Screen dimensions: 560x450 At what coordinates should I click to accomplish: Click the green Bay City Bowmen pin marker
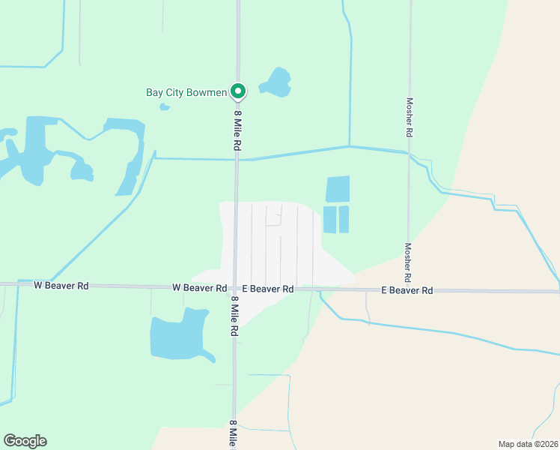click(238, 91)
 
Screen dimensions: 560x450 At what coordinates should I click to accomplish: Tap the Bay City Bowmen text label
click(186, 93)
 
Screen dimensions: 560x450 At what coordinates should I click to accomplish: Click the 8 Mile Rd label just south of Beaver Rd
click(234, 315)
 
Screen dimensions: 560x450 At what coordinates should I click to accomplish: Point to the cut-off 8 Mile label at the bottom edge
click(234, 434)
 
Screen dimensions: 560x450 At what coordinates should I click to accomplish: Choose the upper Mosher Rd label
click(409, 117)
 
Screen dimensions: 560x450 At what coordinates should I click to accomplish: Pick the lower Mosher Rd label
click(409, 262)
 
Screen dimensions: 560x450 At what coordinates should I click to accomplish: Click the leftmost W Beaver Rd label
click(61, 285)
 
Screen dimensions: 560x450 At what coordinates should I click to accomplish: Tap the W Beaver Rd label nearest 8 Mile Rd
click(199, 287)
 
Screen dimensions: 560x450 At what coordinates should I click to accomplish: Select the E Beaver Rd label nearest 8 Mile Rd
click(267, 288)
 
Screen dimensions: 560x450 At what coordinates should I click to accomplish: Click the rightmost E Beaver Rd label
click(407, 289)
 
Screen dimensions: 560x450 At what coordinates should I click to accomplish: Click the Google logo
click(25, 441)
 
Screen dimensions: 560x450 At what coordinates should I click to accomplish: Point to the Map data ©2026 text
click(528, 443)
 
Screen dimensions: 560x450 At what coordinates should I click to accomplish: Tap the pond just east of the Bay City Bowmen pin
click(276, 82)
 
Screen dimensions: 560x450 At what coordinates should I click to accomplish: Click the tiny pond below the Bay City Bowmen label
click(165, 106)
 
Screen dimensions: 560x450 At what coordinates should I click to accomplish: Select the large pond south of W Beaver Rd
click(179, 334)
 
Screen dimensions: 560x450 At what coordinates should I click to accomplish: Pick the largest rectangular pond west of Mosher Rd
click(338, 189)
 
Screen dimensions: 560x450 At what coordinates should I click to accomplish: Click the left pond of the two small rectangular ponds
click(329, 220)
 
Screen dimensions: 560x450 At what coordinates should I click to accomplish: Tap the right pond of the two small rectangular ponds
click(344, 220)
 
